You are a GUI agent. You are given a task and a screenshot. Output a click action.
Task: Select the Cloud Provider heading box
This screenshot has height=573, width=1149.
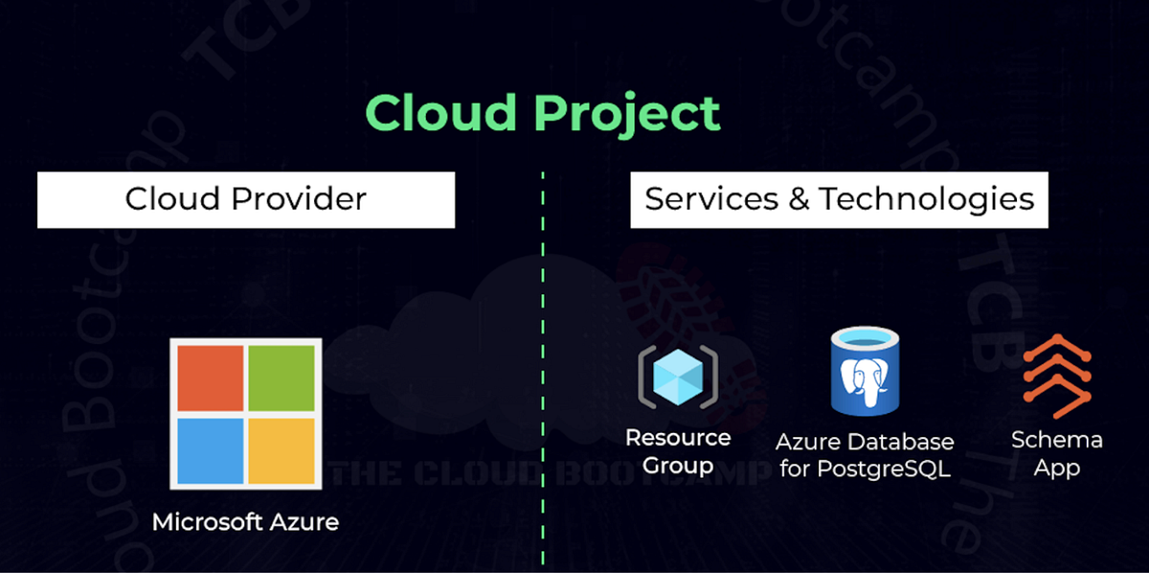(x=246, y=199)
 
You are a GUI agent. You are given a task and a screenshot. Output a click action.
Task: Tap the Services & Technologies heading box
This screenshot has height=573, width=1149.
(x=839, y=199)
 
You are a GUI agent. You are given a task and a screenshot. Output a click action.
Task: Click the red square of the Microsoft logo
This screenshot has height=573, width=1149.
(x=211, y=378)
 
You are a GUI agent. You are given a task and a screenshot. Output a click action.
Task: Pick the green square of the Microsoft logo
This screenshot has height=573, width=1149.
(x=282, y=378)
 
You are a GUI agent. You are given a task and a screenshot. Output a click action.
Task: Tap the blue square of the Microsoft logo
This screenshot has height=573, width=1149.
(x=211, y=450)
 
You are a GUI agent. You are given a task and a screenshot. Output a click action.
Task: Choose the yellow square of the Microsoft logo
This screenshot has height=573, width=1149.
(x=282, y=450)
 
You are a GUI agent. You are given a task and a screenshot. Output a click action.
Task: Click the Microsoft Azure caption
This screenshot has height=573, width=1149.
(x=245, y=523)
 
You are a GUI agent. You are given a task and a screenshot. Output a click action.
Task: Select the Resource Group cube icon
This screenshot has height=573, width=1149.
(x=678, y=377)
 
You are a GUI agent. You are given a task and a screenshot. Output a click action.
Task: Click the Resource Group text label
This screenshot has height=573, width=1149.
(x=678, y=452)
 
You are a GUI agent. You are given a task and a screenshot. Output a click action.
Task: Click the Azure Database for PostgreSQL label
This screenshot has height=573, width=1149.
(x=865, y=455)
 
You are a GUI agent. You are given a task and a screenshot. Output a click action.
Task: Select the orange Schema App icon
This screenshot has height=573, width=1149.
(x=1057, y=376)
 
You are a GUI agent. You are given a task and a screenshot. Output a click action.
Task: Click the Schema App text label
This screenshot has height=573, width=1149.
(x=1057, y=453)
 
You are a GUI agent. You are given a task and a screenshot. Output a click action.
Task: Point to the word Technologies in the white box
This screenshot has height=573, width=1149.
(x=927, y=199)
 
